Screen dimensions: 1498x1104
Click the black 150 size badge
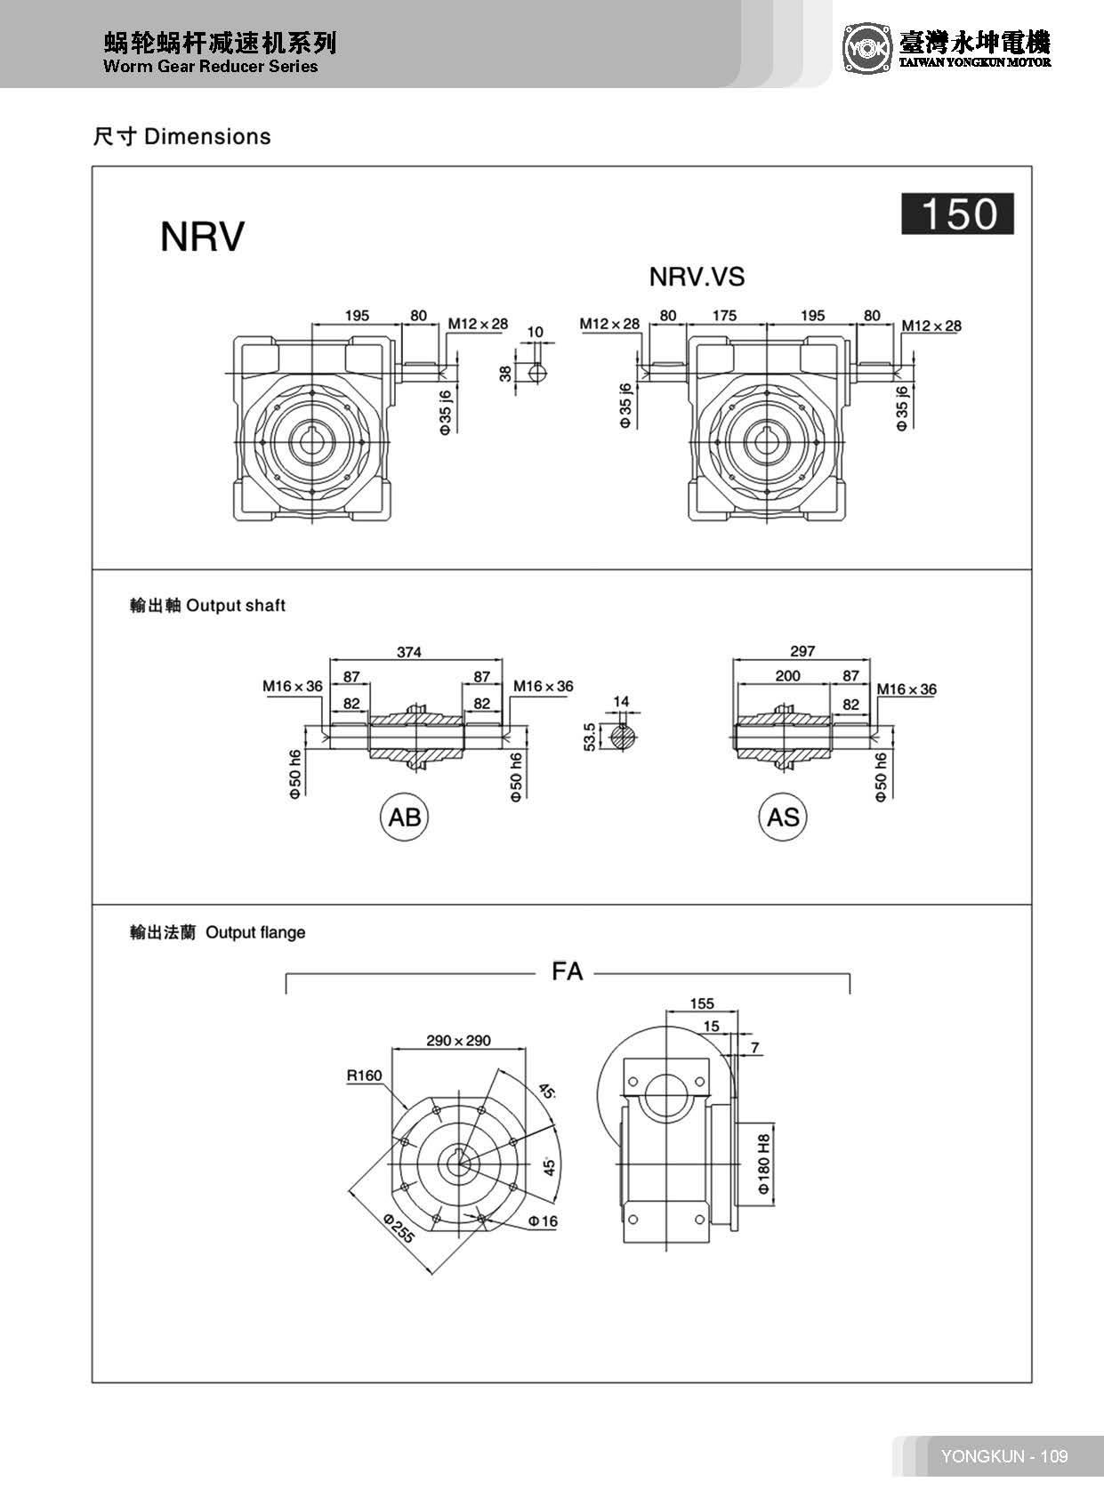pos(957,214)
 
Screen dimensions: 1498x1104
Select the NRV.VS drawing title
pos(697,277)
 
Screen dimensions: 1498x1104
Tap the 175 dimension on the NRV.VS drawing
pos(724,315)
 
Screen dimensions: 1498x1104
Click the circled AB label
pos(405,817)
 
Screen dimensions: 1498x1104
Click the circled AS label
pos(783,817)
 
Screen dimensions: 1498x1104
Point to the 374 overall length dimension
pos(408,652)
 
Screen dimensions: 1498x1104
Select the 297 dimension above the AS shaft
pos(802,651)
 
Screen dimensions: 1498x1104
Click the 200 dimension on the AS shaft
pos(787,676)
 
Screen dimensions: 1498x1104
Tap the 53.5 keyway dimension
pos(590,737)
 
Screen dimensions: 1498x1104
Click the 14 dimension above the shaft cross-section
pos(621,702)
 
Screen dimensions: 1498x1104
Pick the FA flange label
pos(567,971)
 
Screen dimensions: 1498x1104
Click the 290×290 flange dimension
pos(458,1040)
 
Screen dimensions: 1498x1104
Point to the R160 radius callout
pos(364,1075)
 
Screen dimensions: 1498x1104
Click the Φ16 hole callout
pos(542,1221)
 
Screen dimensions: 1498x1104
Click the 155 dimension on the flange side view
pos(702,1003)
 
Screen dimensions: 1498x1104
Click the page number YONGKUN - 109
pos(1003,1456)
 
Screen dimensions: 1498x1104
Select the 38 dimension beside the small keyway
pos(506,373)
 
